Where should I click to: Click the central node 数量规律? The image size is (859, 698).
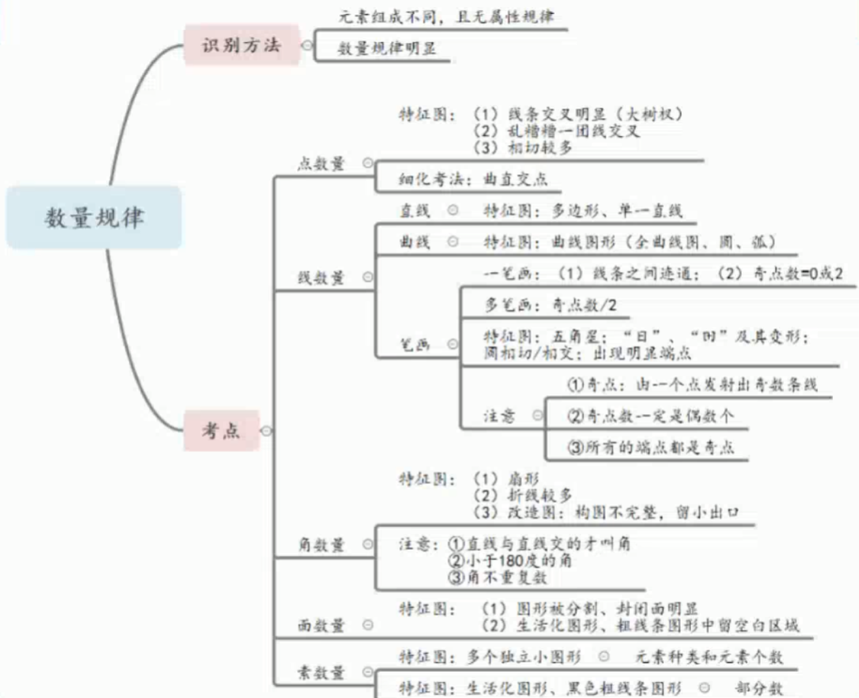coord(94,217)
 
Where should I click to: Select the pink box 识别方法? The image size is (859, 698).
coord(240,45)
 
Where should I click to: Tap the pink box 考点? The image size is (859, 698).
coord(221,431)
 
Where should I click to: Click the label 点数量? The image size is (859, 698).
coord(321,164)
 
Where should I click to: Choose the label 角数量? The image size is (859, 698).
coord(320,544)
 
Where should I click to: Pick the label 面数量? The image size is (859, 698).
coord(320,624)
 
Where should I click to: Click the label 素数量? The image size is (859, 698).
coord(320,673)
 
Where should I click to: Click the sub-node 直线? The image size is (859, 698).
coord(414,211)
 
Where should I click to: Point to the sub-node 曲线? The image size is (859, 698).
coord(414,242)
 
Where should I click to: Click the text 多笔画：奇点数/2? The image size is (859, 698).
coord(551,305)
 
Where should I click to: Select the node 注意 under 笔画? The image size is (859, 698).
coord(499,416)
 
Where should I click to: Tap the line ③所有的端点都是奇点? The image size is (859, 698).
coord(650,447)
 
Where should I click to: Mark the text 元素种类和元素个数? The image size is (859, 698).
coord(710,657)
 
